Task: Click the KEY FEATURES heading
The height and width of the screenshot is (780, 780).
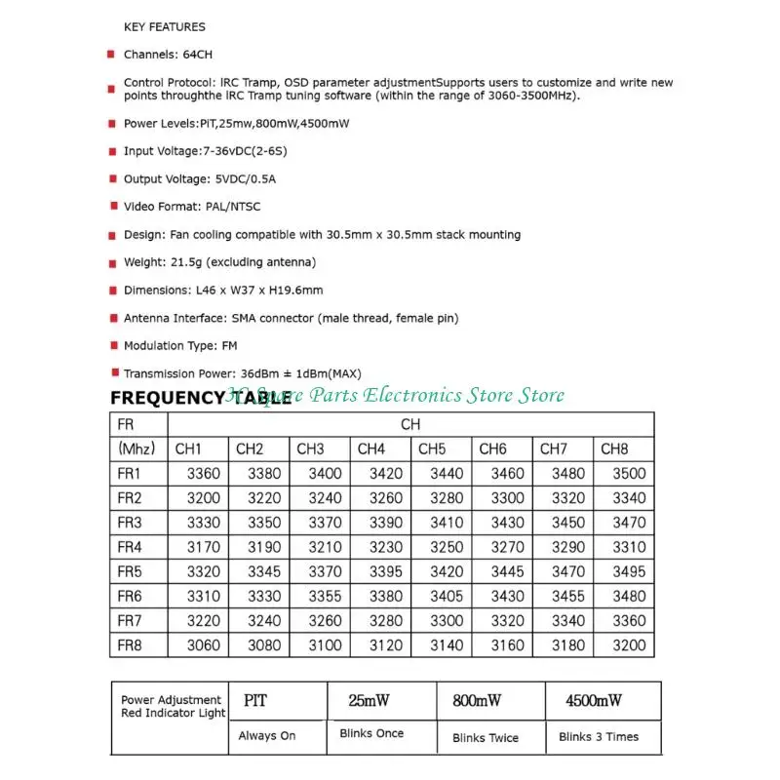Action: [x=165, y=26]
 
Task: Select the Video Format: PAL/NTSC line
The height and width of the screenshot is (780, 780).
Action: [x=192, y=207]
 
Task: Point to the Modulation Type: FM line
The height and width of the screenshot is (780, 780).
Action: [x=180, y=345]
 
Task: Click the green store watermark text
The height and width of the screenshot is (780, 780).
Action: [x=396, y=395]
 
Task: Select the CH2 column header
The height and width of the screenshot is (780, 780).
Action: [x=250, y=448]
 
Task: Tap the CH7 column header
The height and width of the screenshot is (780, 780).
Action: [x=554, y=448]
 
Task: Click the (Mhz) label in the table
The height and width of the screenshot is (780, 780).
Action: [x=136, y=448]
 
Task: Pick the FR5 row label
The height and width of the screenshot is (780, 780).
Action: [x=130, y=571]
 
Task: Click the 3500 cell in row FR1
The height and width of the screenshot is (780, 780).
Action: [x=629, y=474]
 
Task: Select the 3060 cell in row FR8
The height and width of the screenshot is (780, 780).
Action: [x=203, y=645]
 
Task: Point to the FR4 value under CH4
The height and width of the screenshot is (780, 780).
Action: [x=386, y=547]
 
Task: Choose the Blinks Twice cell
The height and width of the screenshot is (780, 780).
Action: [x=486, y=738]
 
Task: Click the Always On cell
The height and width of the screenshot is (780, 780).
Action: [x=267, y=735]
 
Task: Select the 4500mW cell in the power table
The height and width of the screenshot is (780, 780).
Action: [x=594, y=700]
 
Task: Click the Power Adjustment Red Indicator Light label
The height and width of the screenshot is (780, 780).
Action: [x=172, y=706]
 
